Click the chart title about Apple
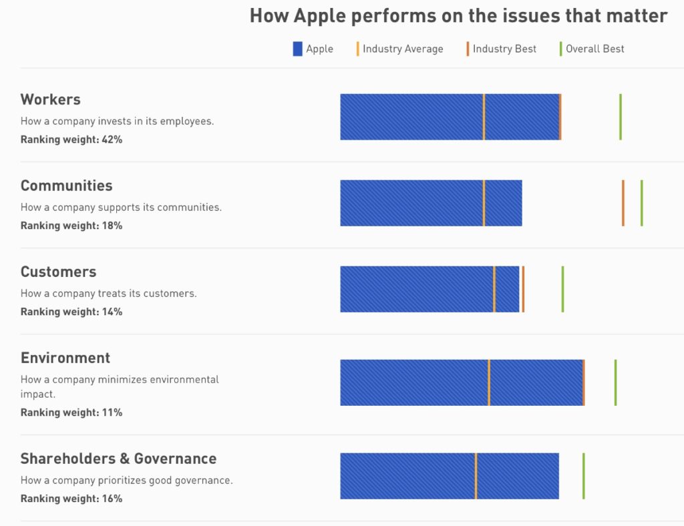point(458,16)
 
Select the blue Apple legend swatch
point(298,49)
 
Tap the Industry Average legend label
point(402,49)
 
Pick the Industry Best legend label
point(504,49)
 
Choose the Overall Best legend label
point(594,49)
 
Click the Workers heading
point(51,99)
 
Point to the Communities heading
point(67,186)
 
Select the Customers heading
point(59,272)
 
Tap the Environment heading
point(65,358)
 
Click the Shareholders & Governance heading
point(119,459)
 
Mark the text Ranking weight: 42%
point(71,140)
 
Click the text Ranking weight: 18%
point(71,226)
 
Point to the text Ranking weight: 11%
point(71,413)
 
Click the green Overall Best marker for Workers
point(621,117)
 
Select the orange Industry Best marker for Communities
point(623,203)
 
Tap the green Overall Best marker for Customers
point(562,289)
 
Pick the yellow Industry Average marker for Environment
point(489,382)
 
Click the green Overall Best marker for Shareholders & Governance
point(583,476)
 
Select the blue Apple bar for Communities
point(411,203)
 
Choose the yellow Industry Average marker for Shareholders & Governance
point(476,476)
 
